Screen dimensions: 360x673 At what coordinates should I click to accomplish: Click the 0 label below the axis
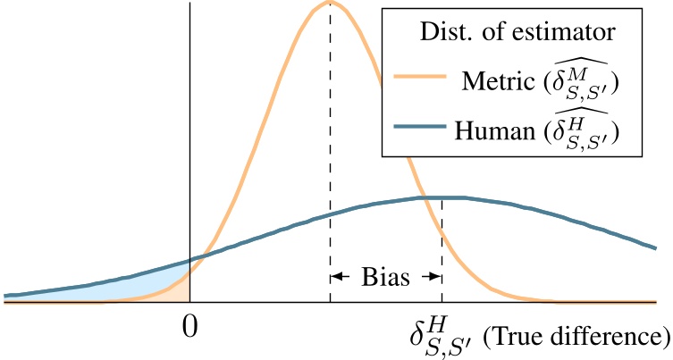coord(189,327)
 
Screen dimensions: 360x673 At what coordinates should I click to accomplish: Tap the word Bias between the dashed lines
coord(385,276)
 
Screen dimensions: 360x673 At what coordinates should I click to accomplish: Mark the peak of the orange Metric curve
coord(329,4)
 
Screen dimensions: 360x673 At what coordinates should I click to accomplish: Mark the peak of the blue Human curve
coord(442,197)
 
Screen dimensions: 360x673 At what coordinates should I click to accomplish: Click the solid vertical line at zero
coord(189,134)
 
